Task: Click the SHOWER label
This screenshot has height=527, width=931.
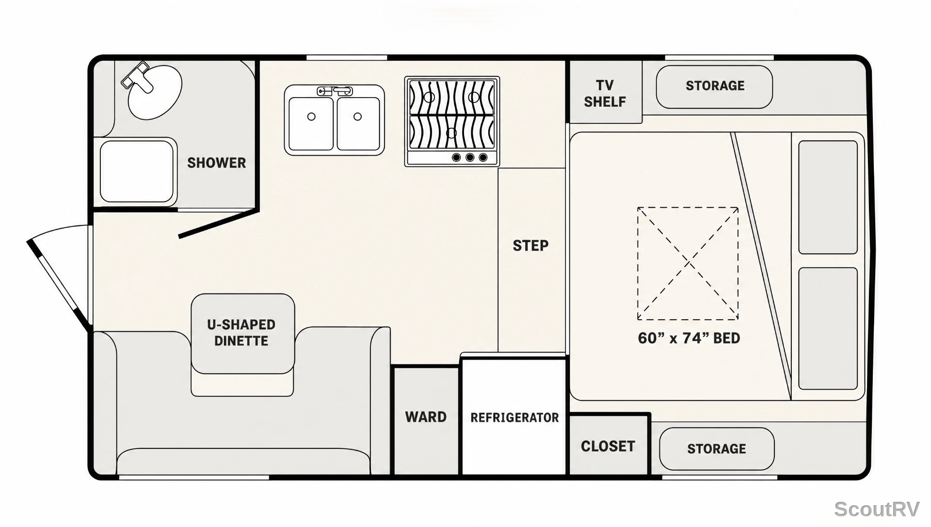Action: [x=216, y=163]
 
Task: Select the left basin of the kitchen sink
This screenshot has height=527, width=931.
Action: [x=311, y=123]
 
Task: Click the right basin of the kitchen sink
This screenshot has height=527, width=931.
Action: [x=358, y=123]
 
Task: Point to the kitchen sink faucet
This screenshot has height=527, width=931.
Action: [x=335, y=91]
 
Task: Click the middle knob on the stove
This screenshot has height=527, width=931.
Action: [x=470, y=157]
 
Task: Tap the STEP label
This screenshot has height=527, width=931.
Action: [x=530, y=246]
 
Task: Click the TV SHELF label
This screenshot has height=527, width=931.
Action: [x=605, y=93]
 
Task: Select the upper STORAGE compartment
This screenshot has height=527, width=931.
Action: [x=714, y=87]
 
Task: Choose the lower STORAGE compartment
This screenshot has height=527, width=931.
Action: [x=717, y=449]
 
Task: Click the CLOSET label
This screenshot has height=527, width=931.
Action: [x=608, y=446]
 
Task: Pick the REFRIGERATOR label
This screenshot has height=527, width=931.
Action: [x=514, y=417]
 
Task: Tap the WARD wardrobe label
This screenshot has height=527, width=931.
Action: [x=426, y=417]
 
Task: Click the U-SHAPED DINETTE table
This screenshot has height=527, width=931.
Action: [x=243, y=333]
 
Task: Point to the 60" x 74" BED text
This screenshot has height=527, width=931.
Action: [x=689, y=338]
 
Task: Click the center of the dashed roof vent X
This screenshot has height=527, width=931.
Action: [x=688, y=263]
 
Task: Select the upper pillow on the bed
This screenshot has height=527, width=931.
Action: [x=828, y=197]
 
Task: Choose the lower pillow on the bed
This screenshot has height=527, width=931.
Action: [x=828, y=329]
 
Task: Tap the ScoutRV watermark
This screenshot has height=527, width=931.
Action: [x=877, y=510]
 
